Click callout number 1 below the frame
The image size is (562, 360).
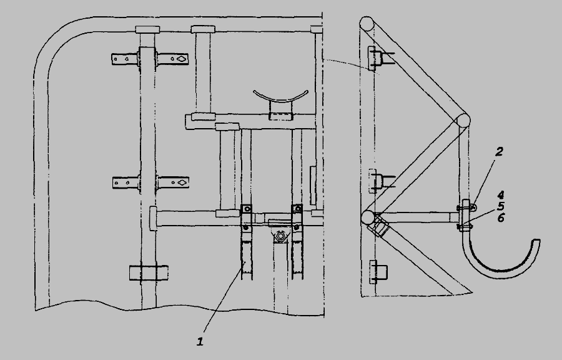point(200,341)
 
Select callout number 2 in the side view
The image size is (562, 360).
point(499,152)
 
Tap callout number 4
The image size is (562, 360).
point(501,196)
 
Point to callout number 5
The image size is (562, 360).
point(501,206)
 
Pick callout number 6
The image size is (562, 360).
point(501,217)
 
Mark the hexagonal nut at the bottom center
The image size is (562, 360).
point(280,236)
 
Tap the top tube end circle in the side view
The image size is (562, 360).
point(367,24)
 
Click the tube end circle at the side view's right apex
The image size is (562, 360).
point(463,121)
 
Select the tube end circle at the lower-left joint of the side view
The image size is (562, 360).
point(368,217)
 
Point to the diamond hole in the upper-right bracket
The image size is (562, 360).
point(182,59)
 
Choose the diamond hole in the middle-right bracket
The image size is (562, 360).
point(182,182)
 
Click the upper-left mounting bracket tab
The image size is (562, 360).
point(124,59)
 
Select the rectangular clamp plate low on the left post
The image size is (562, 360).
point(149,273)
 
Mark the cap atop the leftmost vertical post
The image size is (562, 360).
point(147,29)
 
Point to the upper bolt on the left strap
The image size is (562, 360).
point(246,209)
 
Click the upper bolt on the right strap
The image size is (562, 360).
point(297,209)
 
